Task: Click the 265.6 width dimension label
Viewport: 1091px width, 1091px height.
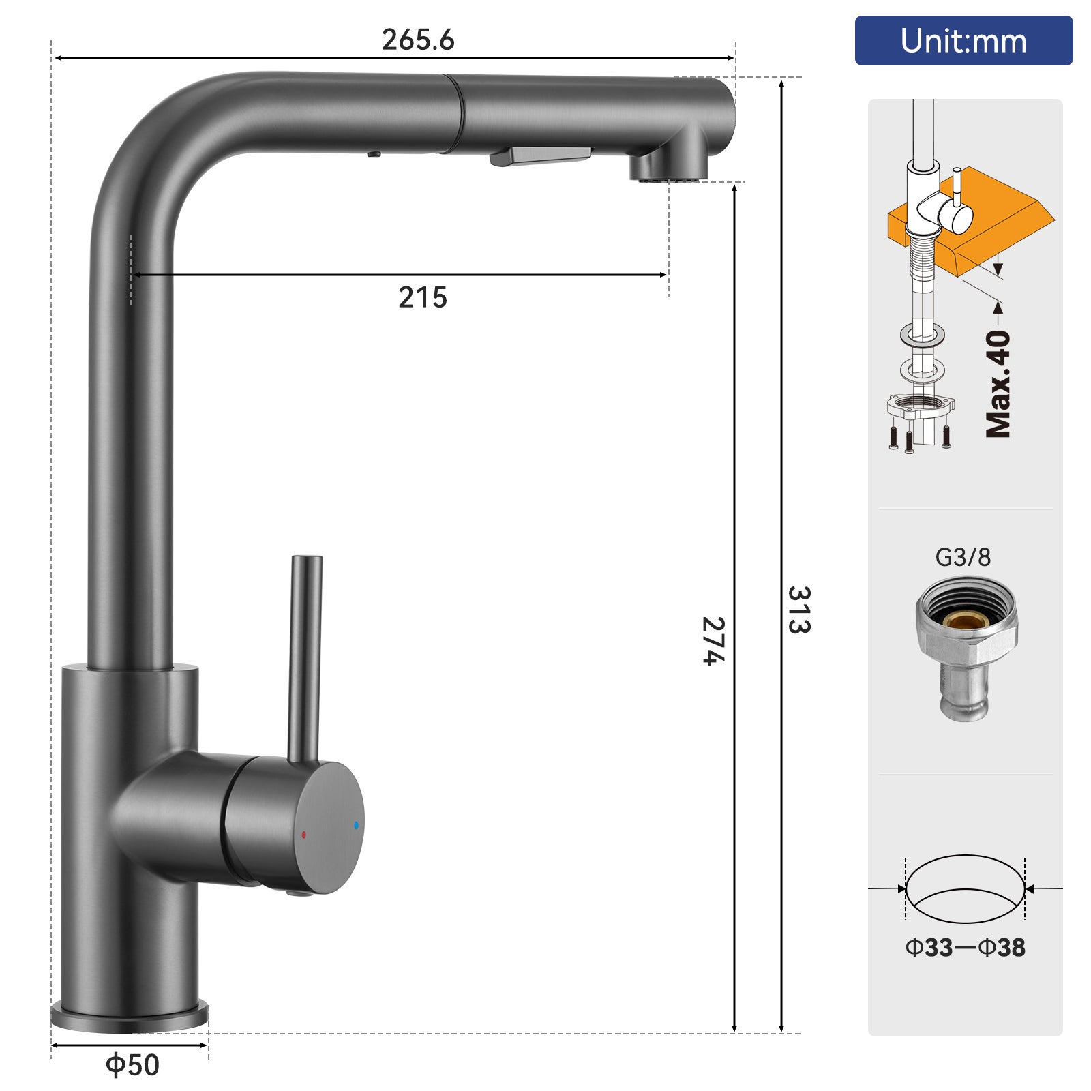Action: tap(417, 40)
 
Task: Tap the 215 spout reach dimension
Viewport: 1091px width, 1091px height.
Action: tap(422, 298)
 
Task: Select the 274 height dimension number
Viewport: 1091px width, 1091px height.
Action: tap(713, 640)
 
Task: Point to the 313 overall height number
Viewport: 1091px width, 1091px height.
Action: tap(798, 610)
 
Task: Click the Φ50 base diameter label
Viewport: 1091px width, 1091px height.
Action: tap(132, 1064)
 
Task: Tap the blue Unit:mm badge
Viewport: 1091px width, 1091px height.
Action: tap(963, 41)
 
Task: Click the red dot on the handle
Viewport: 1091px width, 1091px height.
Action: tap(304, 835)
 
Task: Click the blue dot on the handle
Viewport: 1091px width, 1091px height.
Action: tap(356, 825)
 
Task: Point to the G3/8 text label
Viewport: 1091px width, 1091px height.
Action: tap(962, 558)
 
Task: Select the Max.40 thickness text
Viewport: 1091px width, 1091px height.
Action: tap(998, 384)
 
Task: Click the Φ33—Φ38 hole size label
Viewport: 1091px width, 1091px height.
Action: tap(965, 947)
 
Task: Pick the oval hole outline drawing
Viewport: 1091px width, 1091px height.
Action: tap(965, 888)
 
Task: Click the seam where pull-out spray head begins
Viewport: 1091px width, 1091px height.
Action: tap(455, 113)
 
